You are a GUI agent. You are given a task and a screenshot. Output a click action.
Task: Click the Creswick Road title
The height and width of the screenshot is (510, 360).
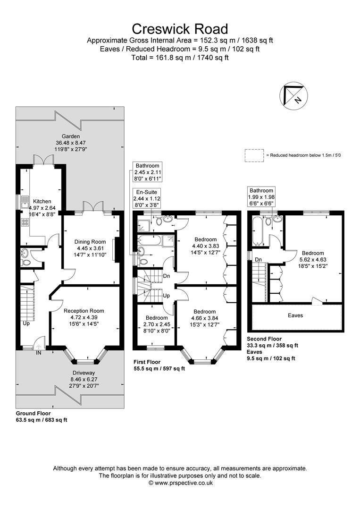(x=180, y=29)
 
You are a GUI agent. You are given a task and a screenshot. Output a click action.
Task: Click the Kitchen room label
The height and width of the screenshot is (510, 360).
(x=42, y=202)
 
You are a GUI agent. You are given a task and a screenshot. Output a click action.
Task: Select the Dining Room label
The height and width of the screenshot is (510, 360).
(x=90, y=242)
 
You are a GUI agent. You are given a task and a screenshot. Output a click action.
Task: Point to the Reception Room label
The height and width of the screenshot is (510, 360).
(x=84, y=311)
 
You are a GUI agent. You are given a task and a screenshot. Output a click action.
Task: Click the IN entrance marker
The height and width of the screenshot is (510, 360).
(x=38, y=352)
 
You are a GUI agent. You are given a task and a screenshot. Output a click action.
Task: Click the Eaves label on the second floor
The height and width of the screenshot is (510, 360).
(x=296, y=315)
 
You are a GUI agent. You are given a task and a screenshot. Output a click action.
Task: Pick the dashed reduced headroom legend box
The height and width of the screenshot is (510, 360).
(x=254, y=155)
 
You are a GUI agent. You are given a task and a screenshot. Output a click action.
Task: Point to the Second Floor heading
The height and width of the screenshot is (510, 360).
(x=264, y=339)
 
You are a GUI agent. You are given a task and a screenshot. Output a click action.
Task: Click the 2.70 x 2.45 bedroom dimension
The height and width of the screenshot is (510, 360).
(x=156, y=324)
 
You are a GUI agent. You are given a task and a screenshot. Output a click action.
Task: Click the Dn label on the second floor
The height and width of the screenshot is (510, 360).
(x=258, y=259)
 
